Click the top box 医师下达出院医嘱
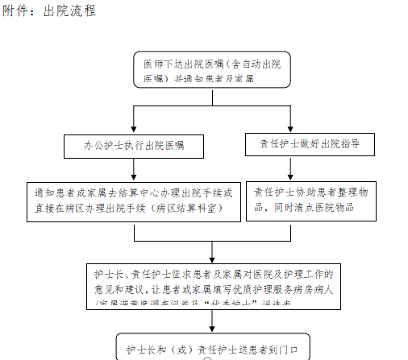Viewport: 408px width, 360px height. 211,70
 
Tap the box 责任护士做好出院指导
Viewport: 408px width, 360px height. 303,145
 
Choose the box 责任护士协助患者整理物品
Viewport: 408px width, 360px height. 304,199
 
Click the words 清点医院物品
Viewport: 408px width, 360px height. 333,207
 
